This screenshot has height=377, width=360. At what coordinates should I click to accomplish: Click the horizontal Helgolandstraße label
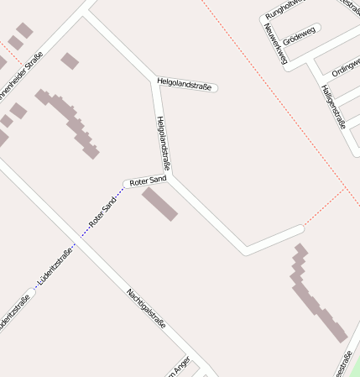184,82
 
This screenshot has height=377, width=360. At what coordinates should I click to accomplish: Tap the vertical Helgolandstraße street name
164,143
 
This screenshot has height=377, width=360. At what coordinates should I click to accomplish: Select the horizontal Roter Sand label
148,181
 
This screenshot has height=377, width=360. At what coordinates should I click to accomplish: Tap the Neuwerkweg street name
274,44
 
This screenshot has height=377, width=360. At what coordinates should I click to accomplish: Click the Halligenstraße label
333,106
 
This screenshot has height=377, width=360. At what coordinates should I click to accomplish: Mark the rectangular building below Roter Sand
159,204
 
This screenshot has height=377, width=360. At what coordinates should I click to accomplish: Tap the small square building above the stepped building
70,60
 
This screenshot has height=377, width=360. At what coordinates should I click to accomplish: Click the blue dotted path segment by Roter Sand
119,194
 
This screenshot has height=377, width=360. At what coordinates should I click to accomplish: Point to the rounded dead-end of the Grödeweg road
318,29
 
